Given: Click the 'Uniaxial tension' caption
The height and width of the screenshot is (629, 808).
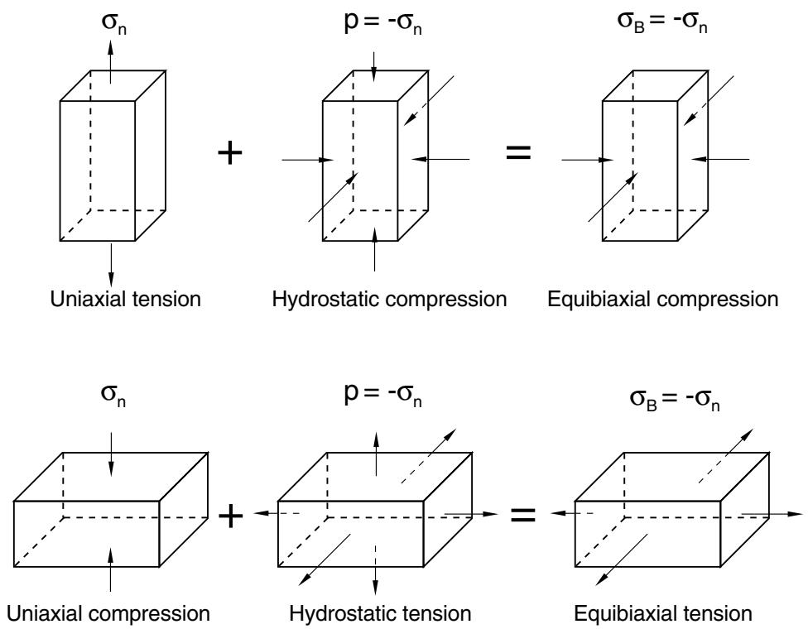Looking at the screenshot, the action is tap(125, 299).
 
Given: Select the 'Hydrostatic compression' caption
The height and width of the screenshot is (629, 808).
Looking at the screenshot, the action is tap(390, 300).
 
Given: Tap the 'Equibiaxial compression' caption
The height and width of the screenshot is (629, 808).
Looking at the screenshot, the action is tap(662, 300).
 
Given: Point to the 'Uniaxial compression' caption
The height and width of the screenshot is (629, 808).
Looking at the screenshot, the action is tap(108, 613).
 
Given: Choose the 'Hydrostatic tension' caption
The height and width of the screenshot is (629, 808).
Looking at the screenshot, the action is tap(380, 613).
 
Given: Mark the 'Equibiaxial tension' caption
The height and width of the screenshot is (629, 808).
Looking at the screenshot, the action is tap(663, 613).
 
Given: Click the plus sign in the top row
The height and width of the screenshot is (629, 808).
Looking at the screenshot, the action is tap(230, 153).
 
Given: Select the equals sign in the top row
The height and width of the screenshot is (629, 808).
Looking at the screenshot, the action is tap(518, 152).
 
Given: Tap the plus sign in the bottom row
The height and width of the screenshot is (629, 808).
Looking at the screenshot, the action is tap(230, 516).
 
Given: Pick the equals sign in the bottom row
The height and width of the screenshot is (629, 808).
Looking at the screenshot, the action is tap(522, 515).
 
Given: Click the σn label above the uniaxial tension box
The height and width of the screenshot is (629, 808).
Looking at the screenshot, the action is tap(114, 24).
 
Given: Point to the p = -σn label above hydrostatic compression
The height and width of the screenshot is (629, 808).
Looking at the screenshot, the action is tap(382, 24).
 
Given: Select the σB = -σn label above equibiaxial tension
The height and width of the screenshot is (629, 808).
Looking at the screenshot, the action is tap(675, 399).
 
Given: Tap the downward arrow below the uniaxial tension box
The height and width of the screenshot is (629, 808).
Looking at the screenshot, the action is tap(110, 262).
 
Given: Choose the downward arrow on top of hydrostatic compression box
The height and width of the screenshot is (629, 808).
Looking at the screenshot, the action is tap(374, 67).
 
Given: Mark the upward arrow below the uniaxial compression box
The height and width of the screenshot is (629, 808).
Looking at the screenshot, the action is tap(110, 569).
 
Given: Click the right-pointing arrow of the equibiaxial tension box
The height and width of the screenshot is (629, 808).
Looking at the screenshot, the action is tap(772, 514).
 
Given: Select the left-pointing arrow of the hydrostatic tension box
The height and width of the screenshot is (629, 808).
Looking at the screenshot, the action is tap(277, 513).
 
